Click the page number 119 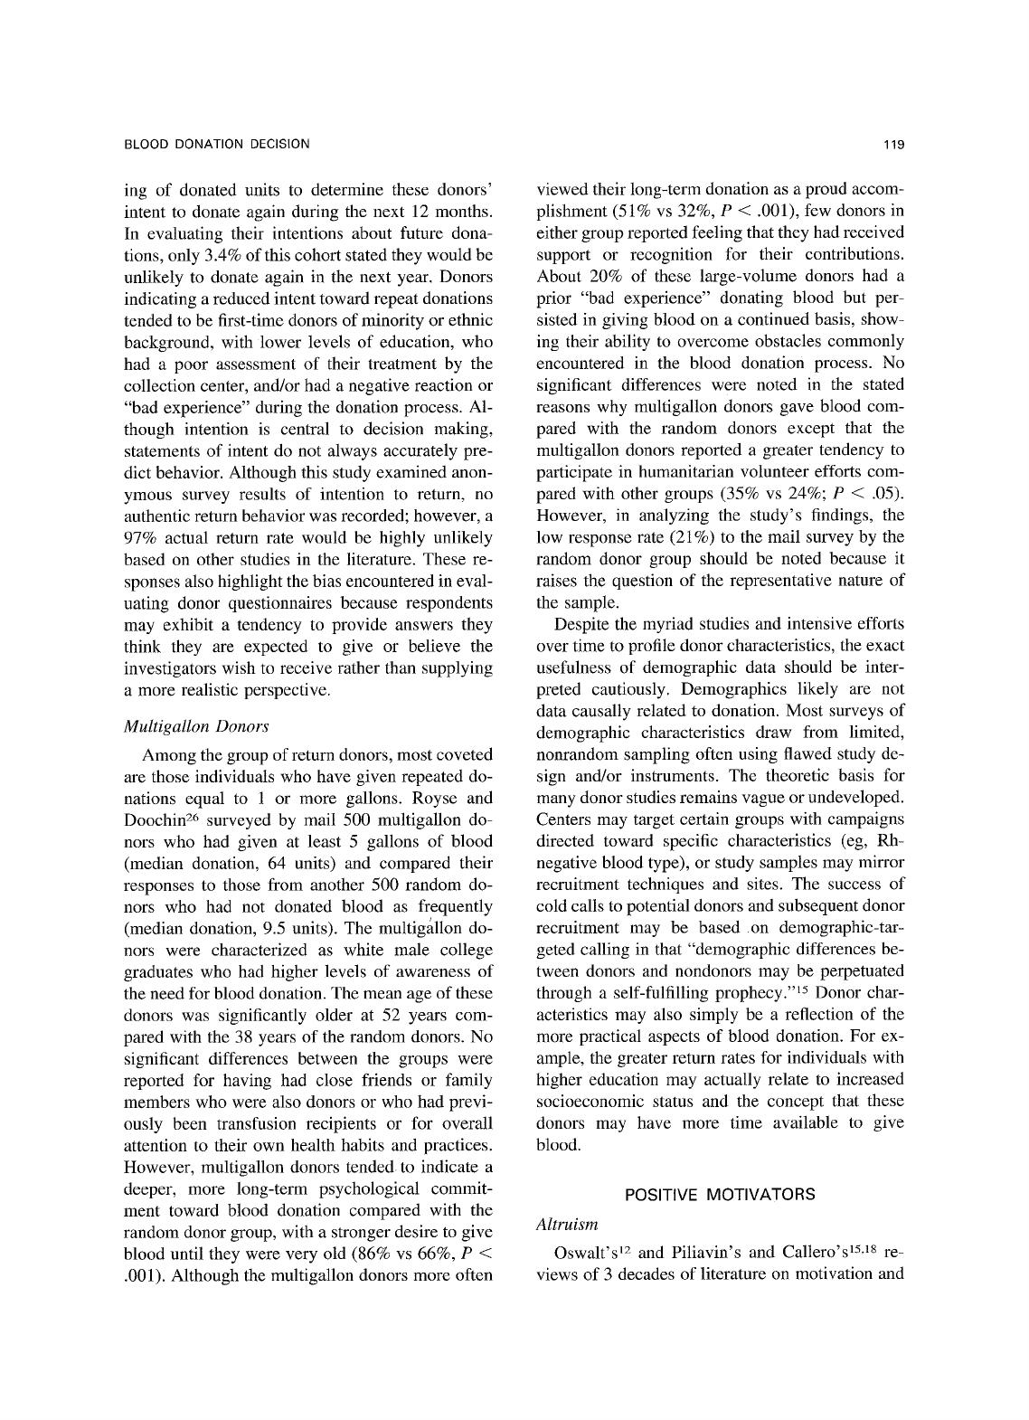pyautogui.click(x=895, y=144)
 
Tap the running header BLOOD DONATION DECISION pyautogui.click(x=216, y=144)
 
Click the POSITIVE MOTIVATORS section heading pyautogui.click(x=720, y=1195)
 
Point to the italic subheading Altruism pyautogui.click(x=567, y=1225)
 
